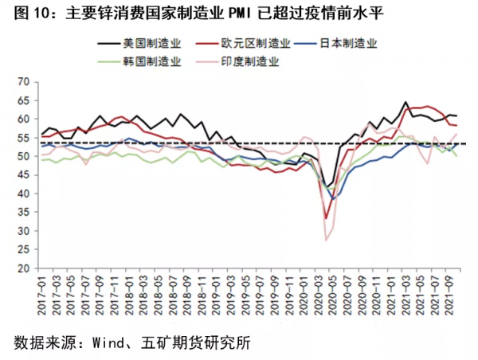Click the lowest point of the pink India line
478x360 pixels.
(326, 240)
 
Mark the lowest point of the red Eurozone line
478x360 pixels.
(326, 217)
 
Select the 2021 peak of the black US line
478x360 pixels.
(406, 102)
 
